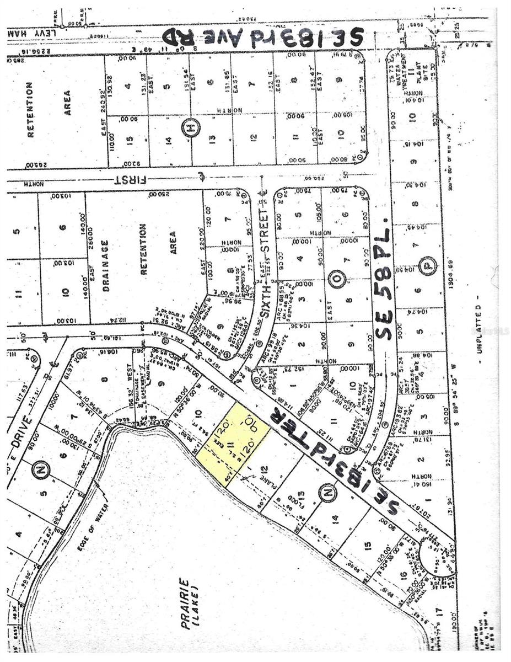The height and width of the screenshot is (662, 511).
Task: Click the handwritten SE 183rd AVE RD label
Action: click(x=263, y=37)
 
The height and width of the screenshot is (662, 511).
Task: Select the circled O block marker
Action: click(x=338, y=281)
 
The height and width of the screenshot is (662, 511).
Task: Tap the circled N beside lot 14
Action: click(x=327, y=490)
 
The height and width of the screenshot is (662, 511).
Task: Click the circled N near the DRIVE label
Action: click(x=42, y=470)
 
